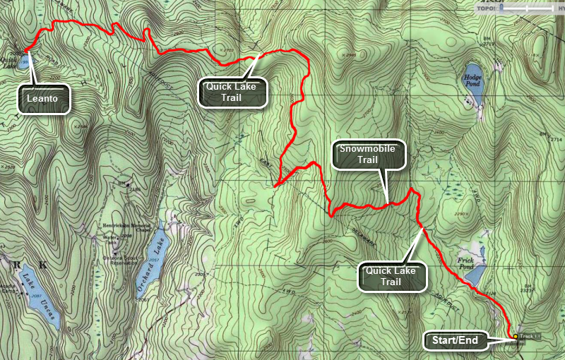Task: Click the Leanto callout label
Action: [44, 100]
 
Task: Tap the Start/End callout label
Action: [455, 341]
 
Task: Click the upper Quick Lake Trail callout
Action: [232, 92]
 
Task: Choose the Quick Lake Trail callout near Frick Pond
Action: [393, 276]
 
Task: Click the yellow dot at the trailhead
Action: [516, 337]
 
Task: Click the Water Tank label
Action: [110, 239]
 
